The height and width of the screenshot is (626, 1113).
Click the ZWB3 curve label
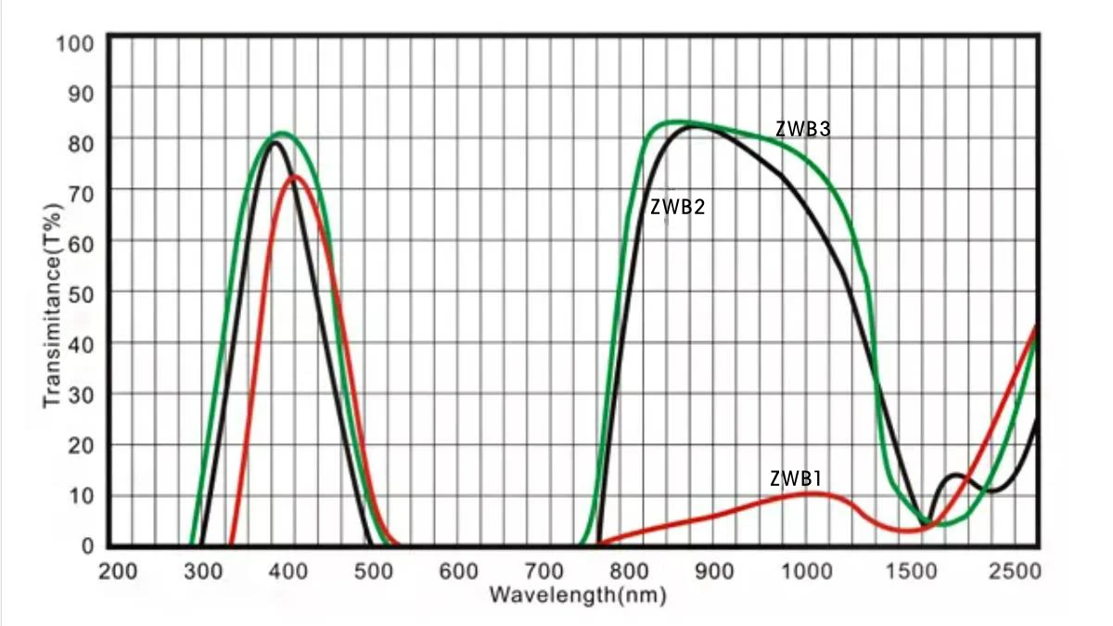pyautogui.click(x=802, y=130)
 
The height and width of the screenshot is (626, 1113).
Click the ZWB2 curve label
pyautogui.click(x=677, y=208)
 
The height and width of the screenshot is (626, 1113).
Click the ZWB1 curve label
pyautogui.click(x=796, y=479)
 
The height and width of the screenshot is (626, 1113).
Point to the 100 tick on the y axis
pyautogui.click(x=75, y=43)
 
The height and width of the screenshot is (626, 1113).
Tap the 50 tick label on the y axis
pyautogui.click(x=82, y=292)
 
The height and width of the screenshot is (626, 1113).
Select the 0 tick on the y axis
pyautogui.click(x=88, y=546)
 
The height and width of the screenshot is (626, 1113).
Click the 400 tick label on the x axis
pyautogui.click(x=289, y=570)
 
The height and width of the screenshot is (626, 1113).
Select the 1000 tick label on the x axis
pyautogui.click(x=803, y=570)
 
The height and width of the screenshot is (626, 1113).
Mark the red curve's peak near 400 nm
pyautogui.click(x=295, y=175)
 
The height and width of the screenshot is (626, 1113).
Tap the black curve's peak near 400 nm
pyautogui.click(x=275, y=141)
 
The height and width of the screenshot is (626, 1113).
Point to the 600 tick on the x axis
pyautogui.click(x=460, y=570)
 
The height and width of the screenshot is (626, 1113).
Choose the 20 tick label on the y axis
pyautogui.click(x=82, y=444)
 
